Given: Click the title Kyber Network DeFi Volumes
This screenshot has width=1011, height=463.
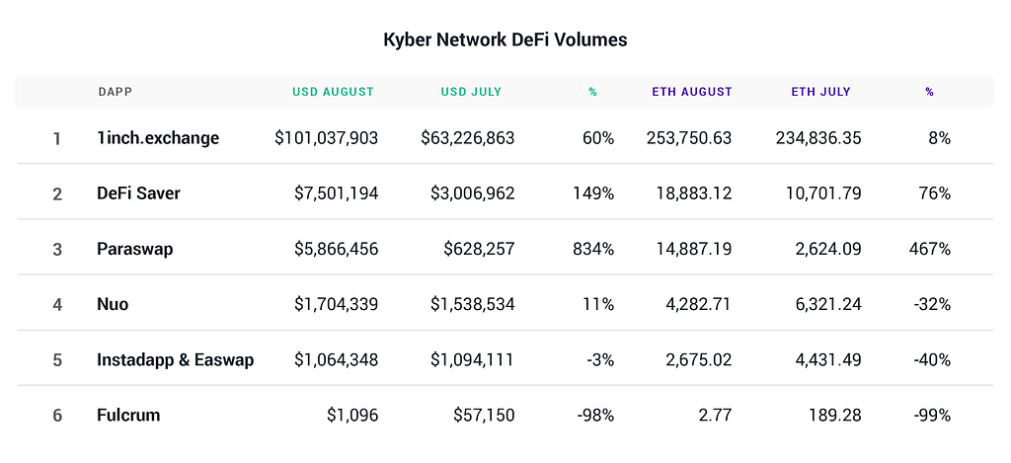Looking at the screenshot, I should (505, 40).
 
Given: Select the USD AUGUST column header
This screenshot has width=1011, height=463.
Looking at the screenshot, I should (333, 92).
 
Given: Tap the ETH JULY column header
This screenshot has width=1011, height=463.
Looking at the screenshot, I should (820, 92).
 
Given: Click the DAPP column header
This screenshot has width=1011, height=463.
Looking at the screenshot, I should (116, 92).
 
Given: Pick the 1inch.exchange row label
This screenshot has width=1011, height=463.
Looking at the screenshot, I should (158, 138).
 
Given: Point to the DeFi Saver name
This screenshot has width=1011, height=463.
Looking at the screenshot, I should (138, 193).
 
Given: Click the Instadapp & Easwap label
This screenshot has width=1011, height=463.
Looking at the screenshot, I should (175, 359).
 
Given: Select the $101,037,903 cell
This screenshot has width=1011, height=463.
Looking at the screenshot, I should (326, 138).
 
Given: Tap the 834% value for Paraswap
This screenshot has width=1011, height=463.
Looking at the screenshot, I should (593, 249).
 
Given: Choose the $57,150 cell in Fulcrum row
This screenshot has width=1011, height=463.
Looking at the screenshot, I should (483, 415).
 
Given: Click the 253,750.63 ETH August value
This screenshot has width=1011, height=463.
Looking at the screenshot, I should (689, 138).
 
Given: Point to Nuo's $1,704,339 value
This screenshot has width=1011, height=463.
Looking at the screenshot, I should (336, 304).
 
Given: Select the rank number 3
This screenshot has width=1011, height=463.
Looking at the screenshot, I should (57, 249).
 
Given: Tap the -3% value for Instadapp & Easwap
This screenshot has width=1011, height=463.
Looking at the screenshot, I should (598, 359).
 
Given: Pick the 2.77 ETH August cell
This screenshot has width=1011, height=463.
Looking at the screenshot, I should (713, 415).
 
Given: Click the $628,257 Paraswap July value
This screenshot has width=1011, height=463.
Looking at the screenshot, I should (477, 249).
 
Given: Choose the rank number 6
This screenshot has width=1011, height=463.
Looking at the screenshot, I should (57, 415).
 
